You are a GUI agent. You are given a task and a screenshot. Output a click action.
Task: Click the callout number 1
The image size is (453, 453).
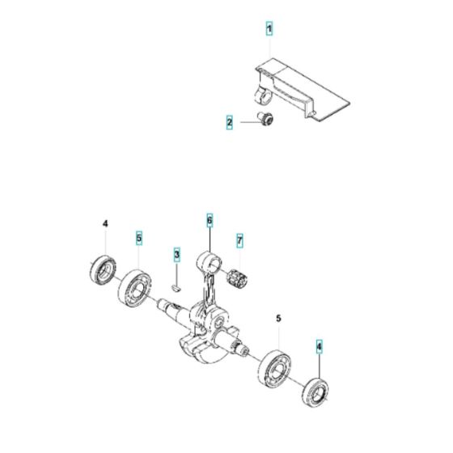tap(269, 28)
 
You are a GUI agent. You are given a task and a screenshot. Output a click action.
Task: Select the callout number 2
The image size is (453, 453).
tap(230, 123)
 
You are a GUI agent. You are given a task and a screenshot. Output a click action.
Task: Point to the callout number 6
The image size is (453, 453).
tap(209, 220)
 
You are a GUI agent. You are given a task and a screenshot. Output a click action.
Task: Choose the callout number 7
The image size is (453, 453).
tap(239, 240)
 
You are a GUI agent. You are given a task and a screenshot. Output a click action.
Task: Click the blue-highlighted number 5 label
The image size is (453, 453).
tap(138, 239)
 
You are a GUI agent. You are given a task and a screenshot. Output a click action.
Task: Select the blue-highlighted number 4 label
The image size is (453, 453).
tap(319, 346)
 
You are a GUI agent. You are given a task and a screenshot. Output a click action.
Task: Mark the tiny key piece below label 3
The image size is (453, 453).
tap(176, 284)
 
